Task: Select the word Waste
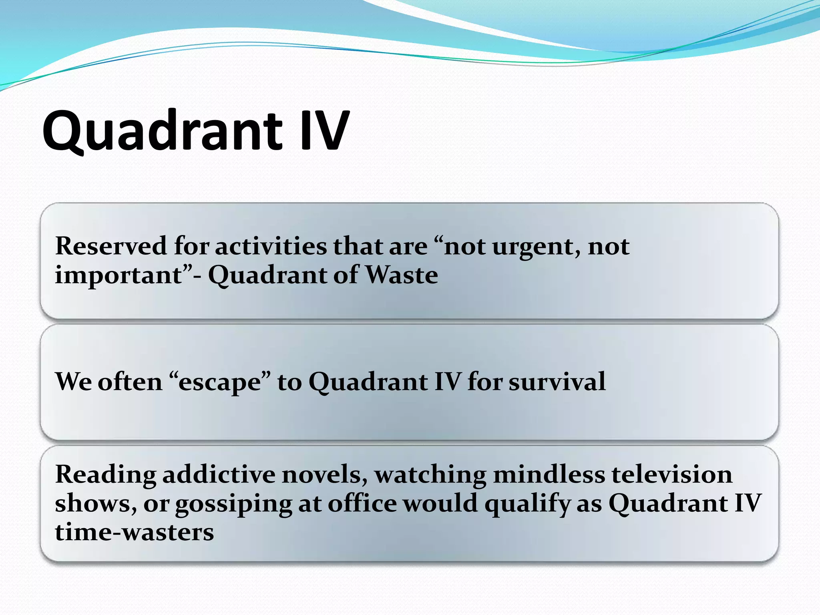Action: click(402, 275)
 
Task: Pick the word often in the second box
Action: click(130, 381)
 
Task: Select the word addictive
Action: click(219, 475)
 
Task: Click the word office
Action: click(362, 504)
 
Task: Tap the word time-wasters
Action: click(135, 533)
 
